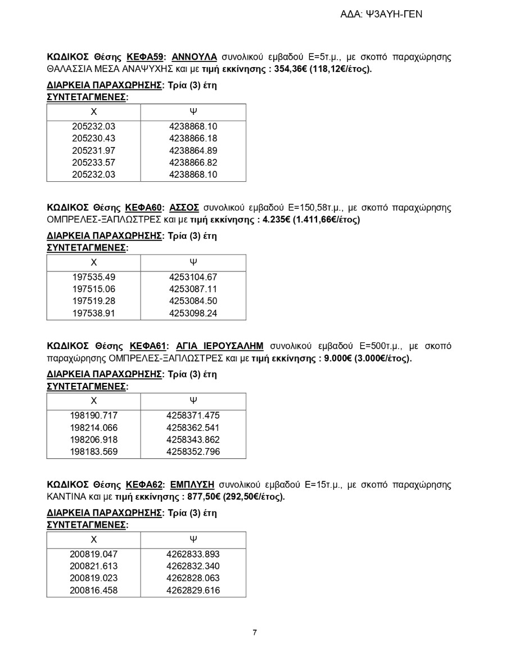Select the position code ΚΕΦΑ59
pos(146,57)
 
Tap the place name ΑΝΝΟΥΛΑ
pos(194,57)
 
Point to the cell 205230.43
pos(93,139)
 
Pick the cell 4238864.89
pos(193,150)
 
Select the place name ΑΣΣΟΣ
pos(184,208)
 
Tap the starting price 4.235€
pos(274,220)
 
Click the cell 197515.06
pos(93,289)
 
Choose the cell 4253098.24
pos(193,313)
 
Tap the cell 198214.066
pos(93,428)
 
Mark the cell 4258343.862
pos(193,440)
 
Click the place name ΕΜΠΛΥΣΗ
pos(192,485)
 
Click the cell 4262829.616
pos(193,590)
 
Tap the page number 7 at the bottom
pos(255,632)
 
